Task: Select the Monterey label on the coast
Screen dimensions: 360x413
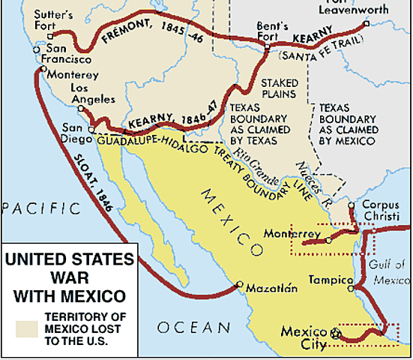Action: point(73,76)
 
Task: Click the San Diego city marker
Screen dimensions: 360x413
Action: point(91,130)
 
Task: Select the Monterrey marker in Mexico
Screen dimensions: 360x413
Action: point(328,240)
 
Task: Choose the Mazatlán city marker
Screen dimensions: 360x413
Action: point(238,285)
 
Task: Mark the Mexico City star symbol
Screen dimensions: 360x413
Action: point(335,331)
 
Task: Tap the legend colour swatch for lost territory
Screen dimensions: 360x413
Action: point(30,328)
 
